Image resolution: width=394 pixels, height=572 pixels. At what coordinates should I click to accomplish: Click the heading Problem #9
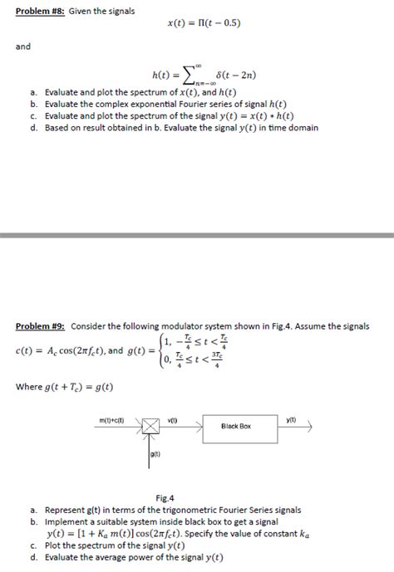pyautogui.click(x=39, y=325)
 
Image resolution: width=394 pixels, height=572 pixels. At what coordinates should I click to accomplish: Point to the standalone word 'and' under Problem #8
pyautogui.click(x=22, y=46)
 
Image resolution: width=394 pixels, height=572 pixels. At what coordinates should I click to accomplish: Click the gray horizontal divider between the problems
pyautogui.click(x=197, y=237)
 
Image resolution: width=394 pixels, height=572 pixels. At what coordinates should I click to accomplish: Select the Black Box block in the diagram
pyautogui.click(x=235, y=426)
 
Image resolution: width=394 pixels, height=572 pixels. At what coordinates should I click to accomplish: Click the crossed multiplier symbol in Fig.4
pyautogui.click(x=150, y=426)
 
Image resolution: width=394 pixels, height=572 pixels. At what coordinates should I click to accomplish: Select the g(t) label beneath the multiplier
pyautogui.click(x=155, y=453)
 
